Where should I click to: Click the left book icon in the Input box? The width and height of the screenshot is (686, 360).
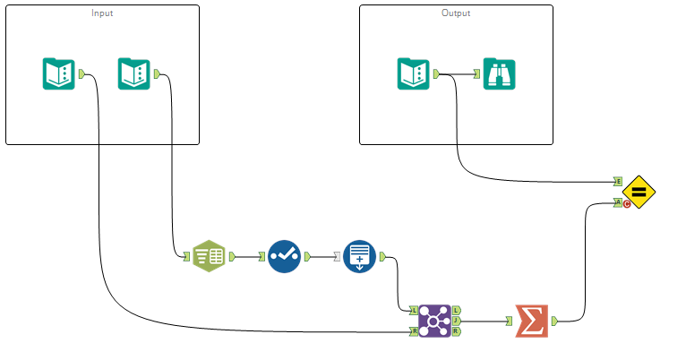[58, 73]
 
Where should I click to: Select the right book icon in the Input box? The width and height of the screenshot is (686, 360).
[133, 73]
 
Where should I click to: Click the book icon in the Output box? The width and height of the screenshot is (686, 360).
[413, 73]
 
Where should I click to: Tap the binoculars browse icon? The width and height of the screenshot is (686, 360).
[499, 73]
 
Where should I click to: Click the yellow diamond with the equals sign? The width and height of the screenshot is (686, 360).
[639, 192]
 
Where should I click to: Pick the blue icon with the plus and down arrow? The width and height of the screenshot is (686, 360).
[358, 256]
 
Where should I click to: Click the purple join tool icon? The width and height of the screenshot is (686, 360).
[434, 321]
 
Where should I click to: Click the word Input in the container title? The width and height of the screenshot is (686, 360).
[102, 13]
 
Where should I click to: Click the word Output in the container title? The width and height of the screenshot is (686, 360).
[456, 13]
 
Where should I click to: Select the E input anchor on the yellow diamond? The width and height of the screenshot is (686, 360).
[619, 181]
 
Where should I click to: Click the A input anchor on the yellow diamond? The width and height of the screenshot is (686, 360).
[619, 202]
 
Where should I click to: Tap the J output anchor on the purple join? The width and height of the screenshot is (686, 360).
[457, 321]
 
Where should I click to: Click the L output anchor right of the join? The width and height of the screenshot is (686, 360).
[457, 310]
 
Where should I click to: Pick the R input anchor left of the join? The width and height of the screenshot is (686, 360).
[413, 331]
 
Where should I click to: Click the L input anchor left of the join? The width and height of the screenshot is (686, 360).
[413, 310]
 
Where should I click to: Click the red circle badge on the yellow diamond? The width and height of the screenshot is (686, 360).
[627, 204]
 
